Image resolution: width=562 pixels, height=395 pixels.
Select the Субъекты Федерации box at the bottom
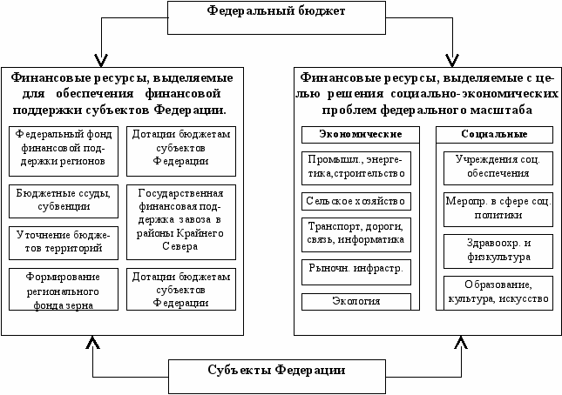pyautogui.click(x=277, y=371)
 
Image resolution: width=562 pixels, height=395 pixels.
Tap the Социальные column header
pyautogui.click(x=495, y=134)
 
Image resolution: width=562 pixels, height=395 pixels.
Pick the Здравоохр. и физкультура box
pyautogui.click(x=495, y=250)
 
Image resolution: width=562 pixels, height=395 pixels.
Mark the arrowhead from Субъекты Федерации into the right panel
pyautogui.click(x=453, y=341)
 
